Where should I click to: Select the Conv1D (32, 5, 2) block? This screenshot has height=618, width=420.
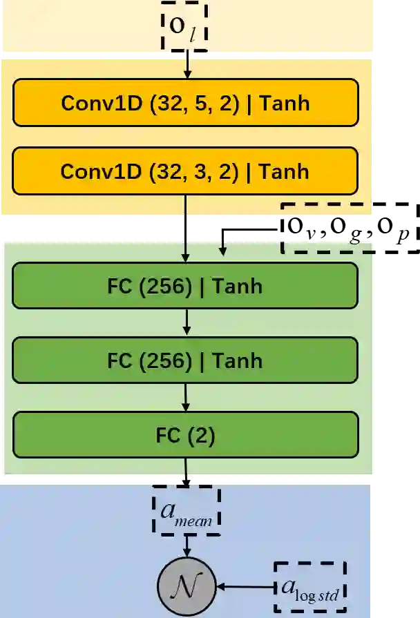pyautogui.click(x=185, y=103)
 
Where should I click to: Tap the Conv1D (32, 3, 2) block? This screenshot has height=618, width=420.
pyautogui.click(x=185, y=171)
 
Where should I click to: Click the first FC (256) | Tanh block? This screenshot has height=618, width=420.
pyautogui.click(x=185, y=285)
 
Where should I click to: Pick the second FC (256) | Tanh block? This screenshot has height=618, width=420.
pyautogui.click(x=185, y=360)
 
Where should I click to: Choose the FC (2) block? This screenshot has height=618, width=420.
pyautogui.click(x=185, y=435)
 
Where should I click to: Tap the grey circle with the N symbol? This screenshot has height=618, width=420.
pyautogui.click(x=187, y=586)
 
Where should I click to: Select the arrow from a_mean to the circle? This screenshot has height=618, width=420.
pyautogui.click(x=187, y=545)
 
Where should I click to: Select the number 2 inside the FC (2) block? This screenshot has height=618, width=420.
pyautogui.click(x=200, y=435)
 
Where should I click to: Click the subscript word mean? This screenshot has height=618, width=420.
pyautogui.click(x=193, y=521)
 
